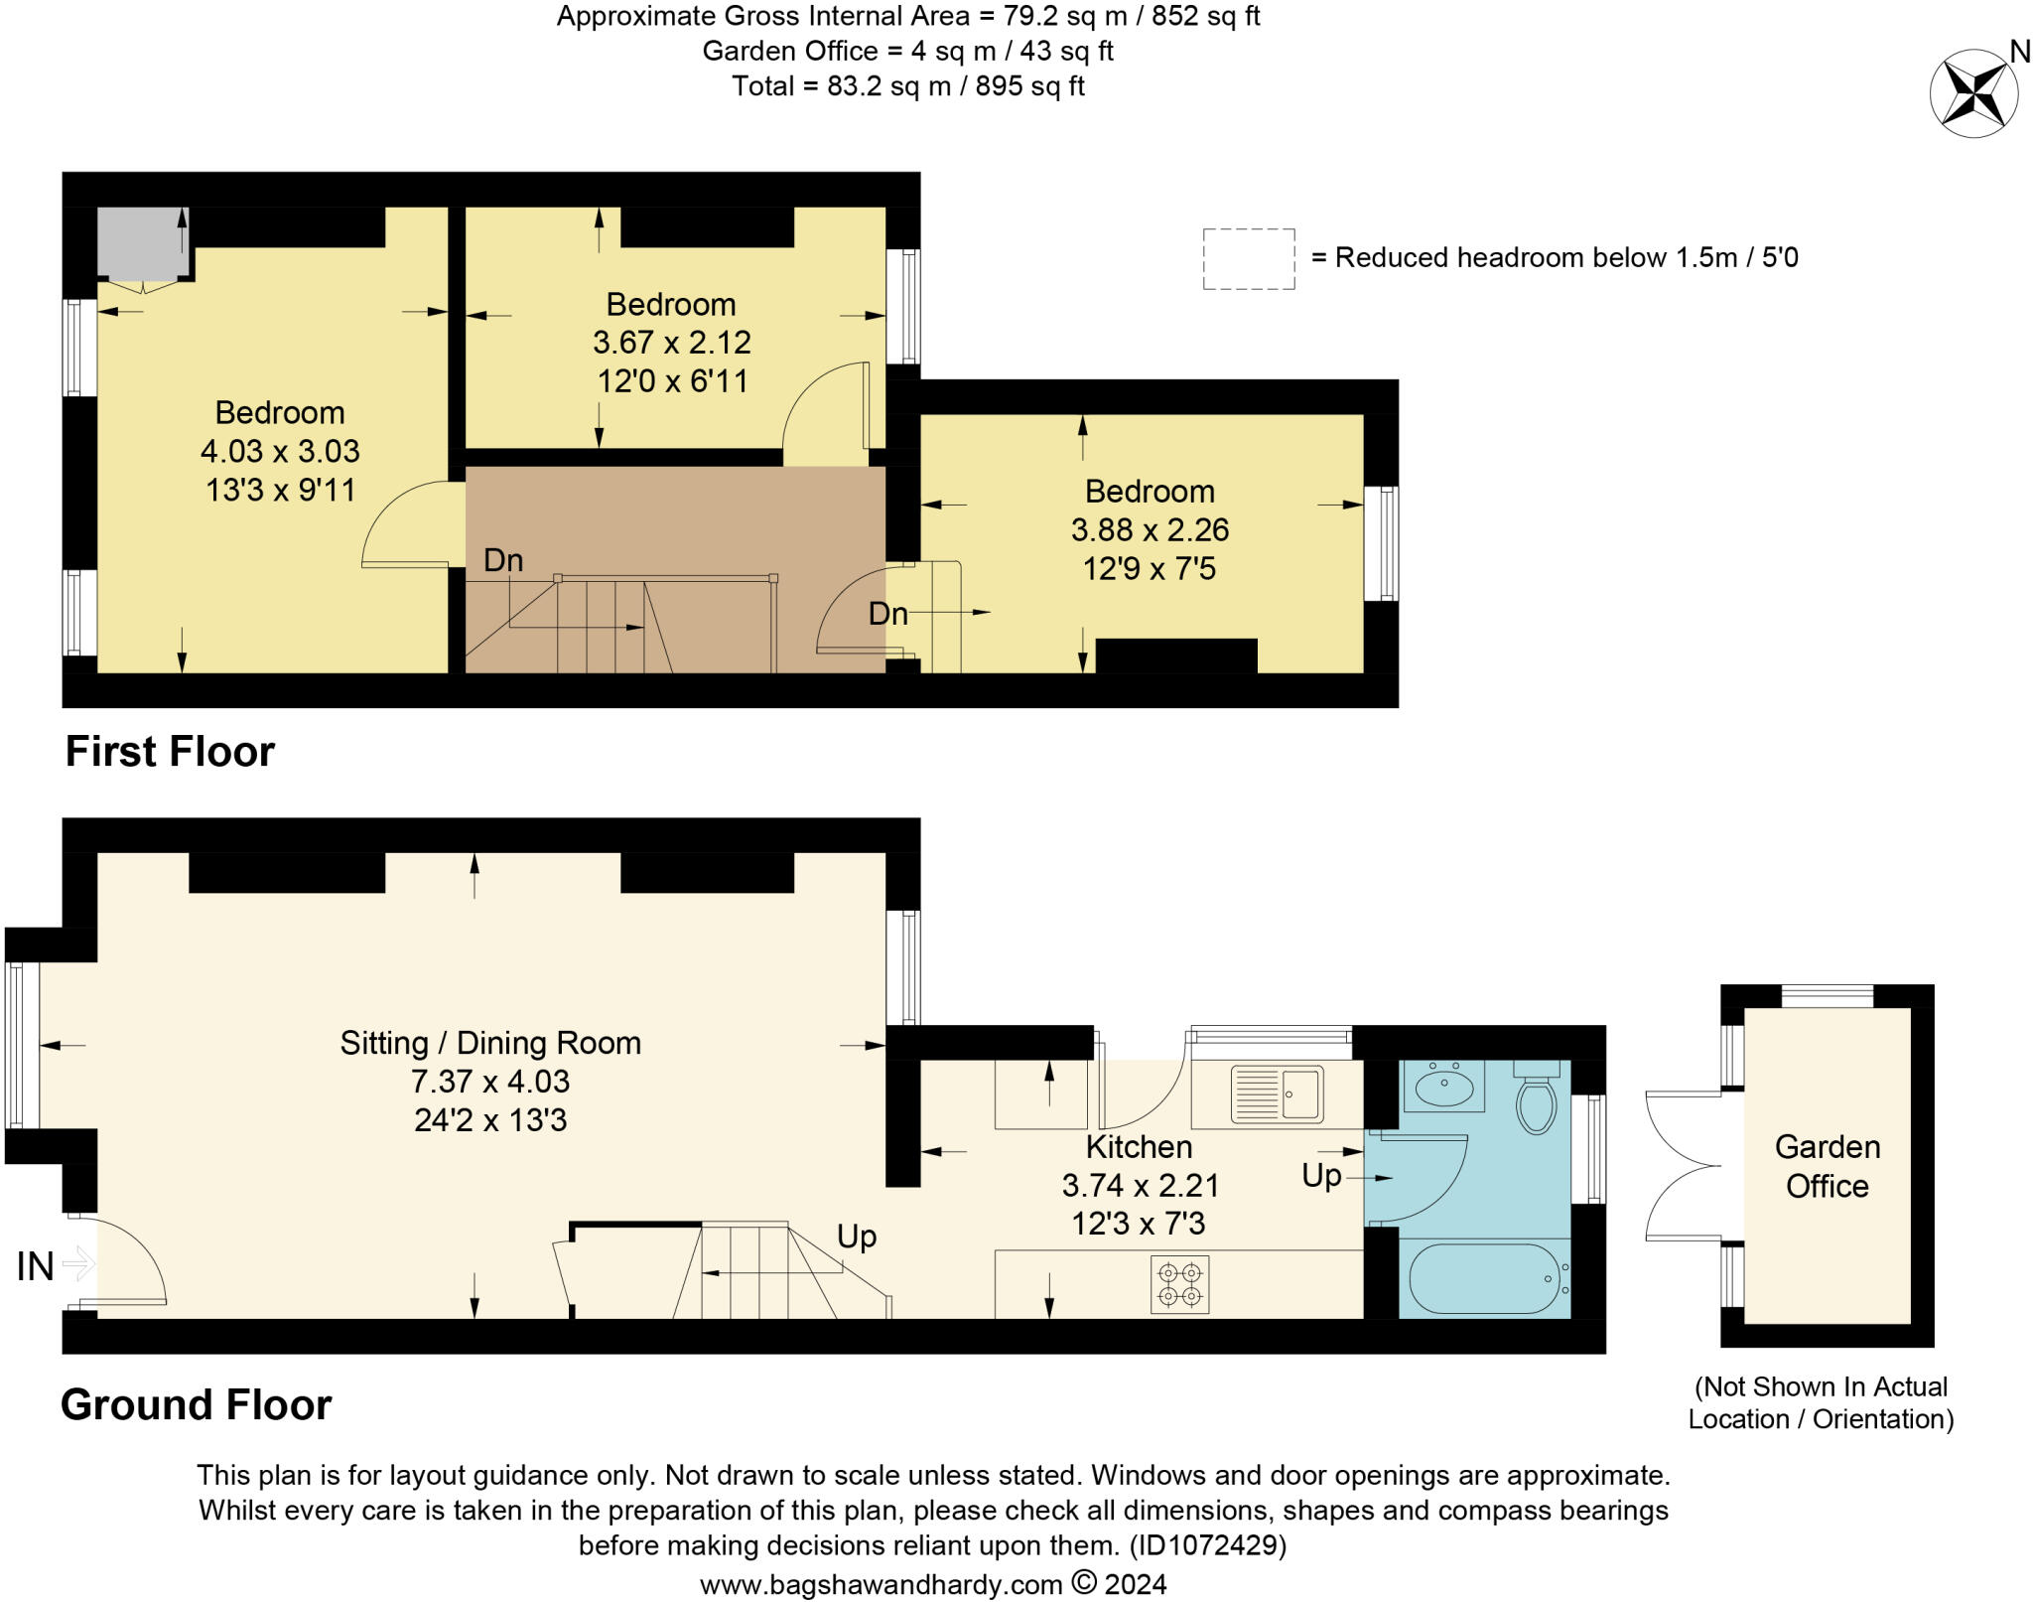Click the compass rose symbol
point(1973,93)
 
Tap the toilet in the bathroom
point(1537,1097)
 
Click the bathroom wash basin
point(1444,1086)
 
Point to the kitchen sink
point(1278,1093)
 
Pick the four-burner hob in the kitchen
point(1180,1284)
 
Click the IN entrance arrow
point(77,1264)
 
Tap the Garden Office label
point(1827,1166)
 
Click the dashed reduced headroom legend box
point(1249,258)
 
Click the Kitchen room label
point(1139,1146)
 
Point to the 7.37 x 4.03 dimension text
point(490,1081)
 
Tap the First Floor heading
point(170,752)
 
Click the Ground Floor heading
point(197,1405)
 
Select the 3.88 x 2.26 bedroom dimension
point(1150,529)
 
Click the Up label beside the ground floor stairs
point(857,1238)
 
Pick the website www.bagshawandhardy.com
point(881,1584)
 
